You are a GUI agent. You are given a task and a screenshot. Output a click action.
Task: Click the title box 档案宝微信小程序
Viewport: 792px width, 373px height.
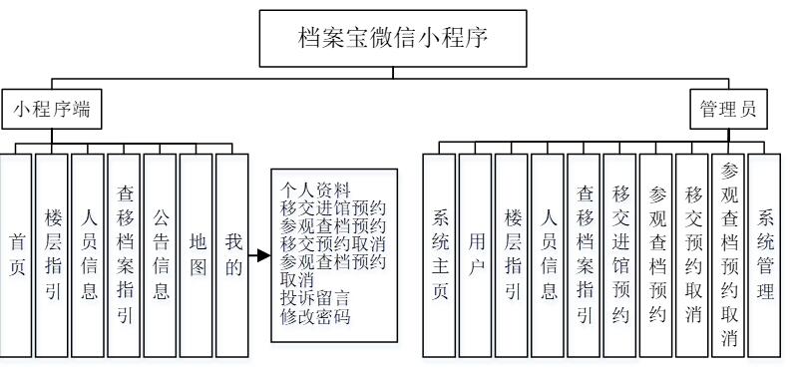tap(396, 39)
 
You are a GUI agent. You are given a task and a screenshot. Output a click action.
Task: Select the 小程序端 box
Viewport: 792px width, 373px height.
tap(52, 108)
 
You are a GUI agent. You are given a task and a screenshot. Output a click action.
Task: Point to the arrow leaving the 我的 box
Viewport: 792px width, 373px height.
tap(258, 255)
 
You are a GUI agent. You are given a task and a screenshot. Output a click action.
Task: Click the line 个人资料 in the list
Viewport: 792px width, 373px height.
tap(316, 190)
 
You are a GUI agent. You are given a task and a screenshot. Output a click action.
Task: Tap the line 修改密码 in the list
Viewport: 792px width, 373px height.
tap(316, 316)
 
